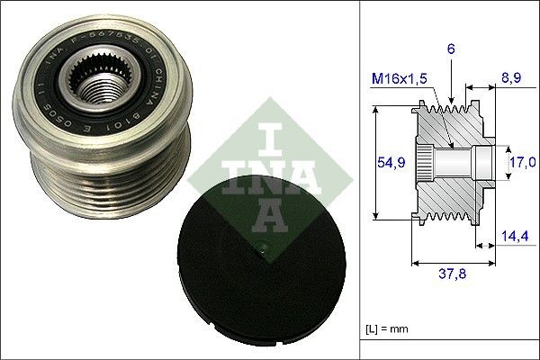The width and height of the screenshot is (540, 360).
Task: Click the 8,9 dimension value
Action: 509,79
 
